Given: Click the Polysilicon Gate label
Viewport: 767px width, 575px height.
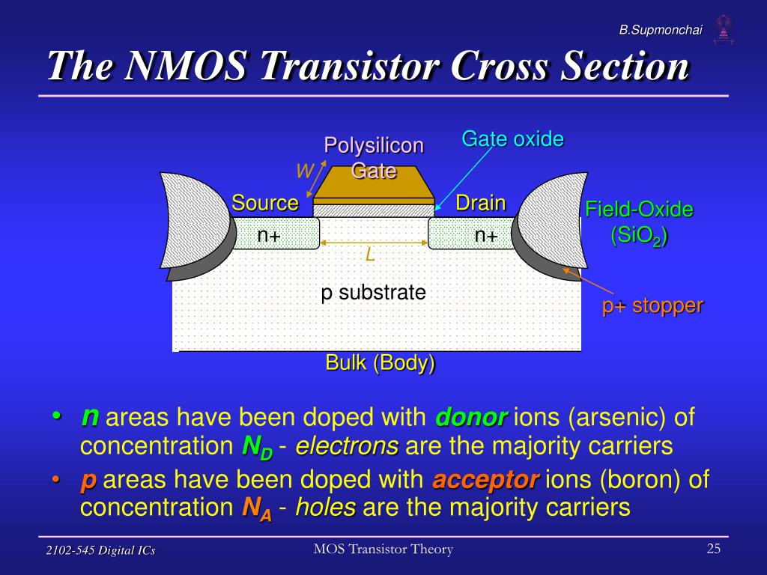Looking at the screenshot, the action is [374, 158].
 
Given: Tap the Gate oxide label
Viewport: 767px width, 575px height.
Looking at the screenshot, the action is [512, 139].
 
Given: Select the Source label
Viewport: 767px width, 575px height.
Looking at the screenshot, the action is [264, 202].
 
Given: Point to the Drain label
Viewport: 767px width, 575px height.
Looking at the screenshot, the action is [480, 202].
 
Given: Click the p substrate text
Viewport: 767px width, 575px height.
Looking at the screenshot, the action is [373, 293].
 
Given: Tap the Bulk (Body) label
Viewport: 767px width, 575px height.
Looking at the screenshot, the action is [380, 363].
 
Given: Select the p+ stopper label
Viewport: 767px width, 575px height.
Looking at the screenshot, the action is [652, 305].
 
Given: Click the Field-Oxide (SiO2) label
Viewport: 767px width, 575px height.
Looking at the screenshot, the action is [640, 222].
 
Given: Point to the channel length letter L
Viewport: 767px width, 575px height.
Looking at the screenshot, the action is [370, 255].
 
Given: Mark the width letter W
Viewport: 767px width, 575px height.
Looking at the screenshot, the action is [304, 171].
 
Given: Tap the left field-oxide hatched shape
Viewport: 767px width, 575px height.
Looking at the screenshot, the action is [195, 220].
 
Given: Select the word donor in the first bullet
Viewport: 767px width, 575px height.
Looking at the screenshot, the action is [471, 417].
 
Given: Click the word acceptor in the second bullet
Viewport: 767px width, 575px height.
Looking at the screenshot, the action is [485, 479].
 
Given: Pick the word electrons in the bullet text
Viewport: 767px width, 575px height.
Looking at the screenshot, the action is [347, 446].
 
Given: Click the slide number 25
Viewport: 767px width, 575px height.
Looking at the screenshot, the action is [713, 548].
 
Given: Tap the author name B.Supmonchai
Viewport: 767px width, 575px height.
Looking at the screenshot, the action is [661, 30].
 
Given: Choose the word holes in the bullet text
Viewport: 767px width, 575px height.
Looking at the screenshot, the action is [325, 507].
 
